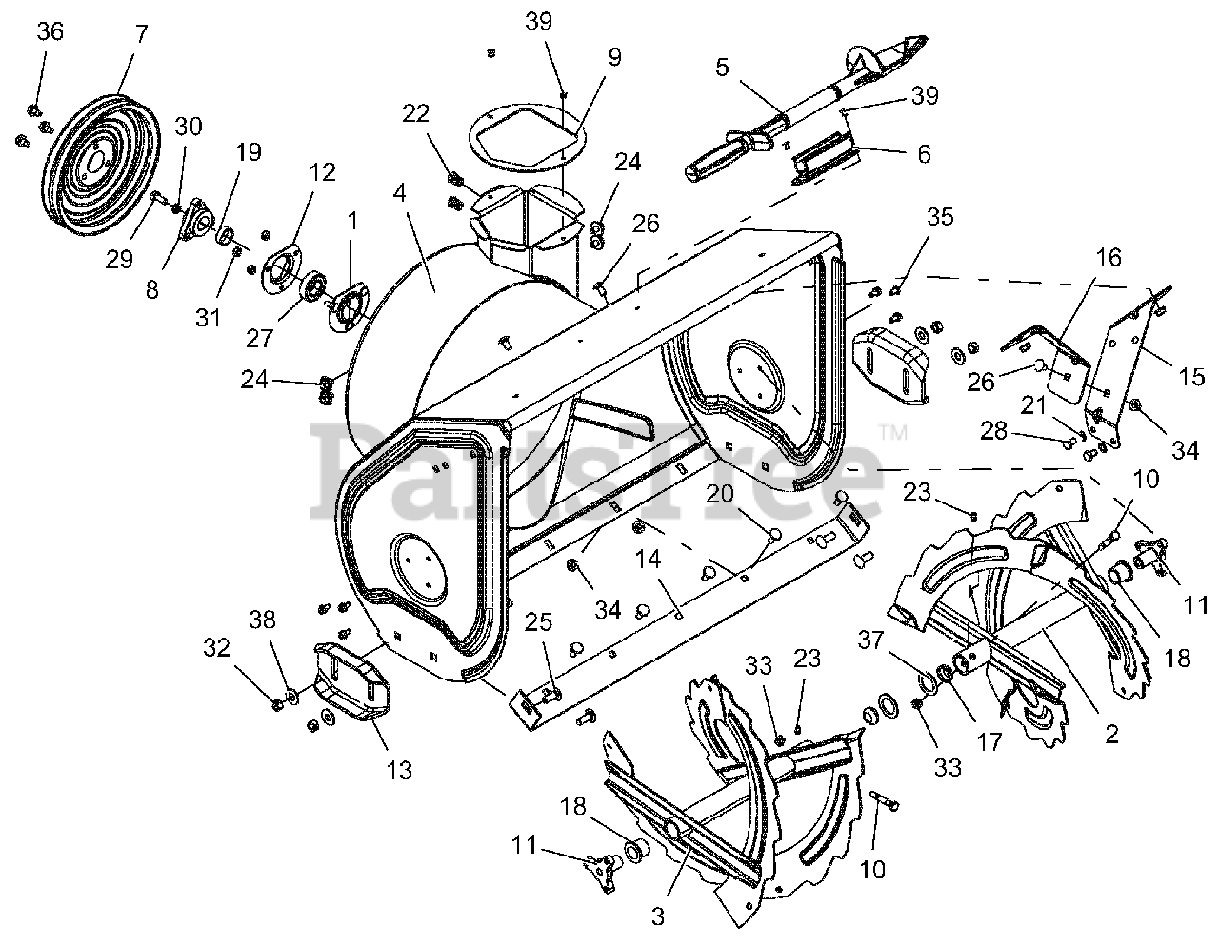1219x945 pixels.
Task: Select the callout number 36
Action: pos(50,31)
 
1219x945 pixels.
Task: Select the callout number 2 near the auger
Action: pos(1109,734)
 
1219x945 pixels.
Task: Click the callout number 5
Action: pos(722,68)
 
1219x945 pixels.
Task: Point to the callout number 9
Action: pos(614,57)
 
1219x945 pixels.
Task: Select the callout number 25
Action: pos(538,623)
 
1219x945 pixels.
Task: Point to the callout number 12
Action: pos(323,173)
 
